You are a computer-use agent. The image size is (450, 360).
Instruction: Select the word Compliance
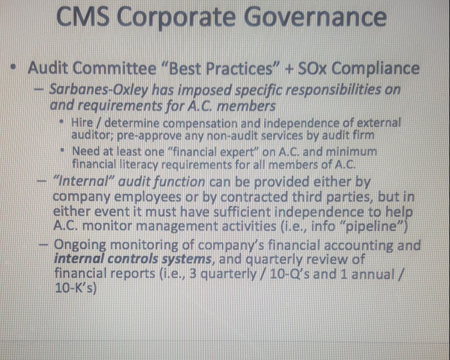375,67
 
